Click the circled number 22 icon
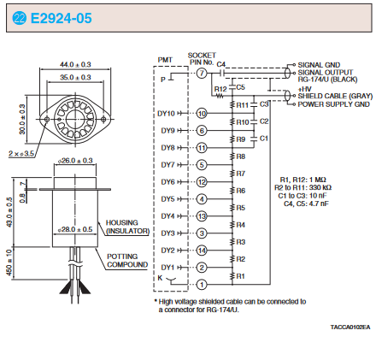coord(20,18)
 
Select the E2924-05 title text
coord(61,18)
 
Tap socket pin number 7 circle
coord(202,74)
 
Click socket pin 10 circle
coord(202,114)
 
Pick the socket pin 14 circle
coord(202,251)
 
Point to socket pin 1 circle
coord(202,285)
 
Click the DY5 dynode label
coord(167,199)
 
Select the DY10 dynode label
coord(166,114)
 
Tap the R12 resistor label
coord(220,89)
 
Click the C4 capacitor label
coord(221,64)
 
